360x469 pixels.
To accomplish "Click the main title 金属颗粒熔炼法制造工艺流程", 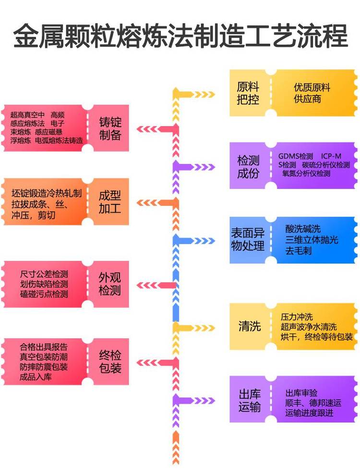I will click(x=180, y=36).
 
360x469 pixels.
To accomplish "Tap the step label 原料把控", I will click(x=248, y=93).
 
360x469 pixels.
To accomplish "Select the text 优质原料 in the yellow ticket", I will click(x=312, y=88).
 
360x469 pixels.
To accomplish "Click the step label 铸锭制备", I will click(x=110, y=128).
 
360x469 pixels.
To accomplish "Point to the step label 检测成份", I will click(x=248, y=166).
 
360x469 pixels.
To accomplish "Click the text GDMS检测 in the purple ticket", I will click(x=296, y=156).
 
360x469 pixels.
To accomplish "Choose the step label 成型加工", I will click(x=110, y=202).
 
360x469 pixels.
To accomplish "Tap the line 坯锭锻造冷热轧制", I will click(x=47, y=193).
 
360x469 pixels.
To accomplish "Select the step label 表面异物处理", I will click(x=248, y=240).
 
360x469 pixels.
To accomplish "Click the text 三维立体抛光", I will click(x=312, y=240).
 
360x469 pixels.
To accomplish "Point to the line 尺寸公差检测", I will click(x=44, y=274).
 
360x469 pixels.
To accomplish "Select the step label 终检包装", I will click(x=110, y=362).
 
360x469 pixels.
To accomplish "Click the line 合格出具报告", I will click(x=44, y=347).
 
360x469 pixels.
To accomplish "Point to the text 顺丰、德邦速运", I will click(x=312, y=403).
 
